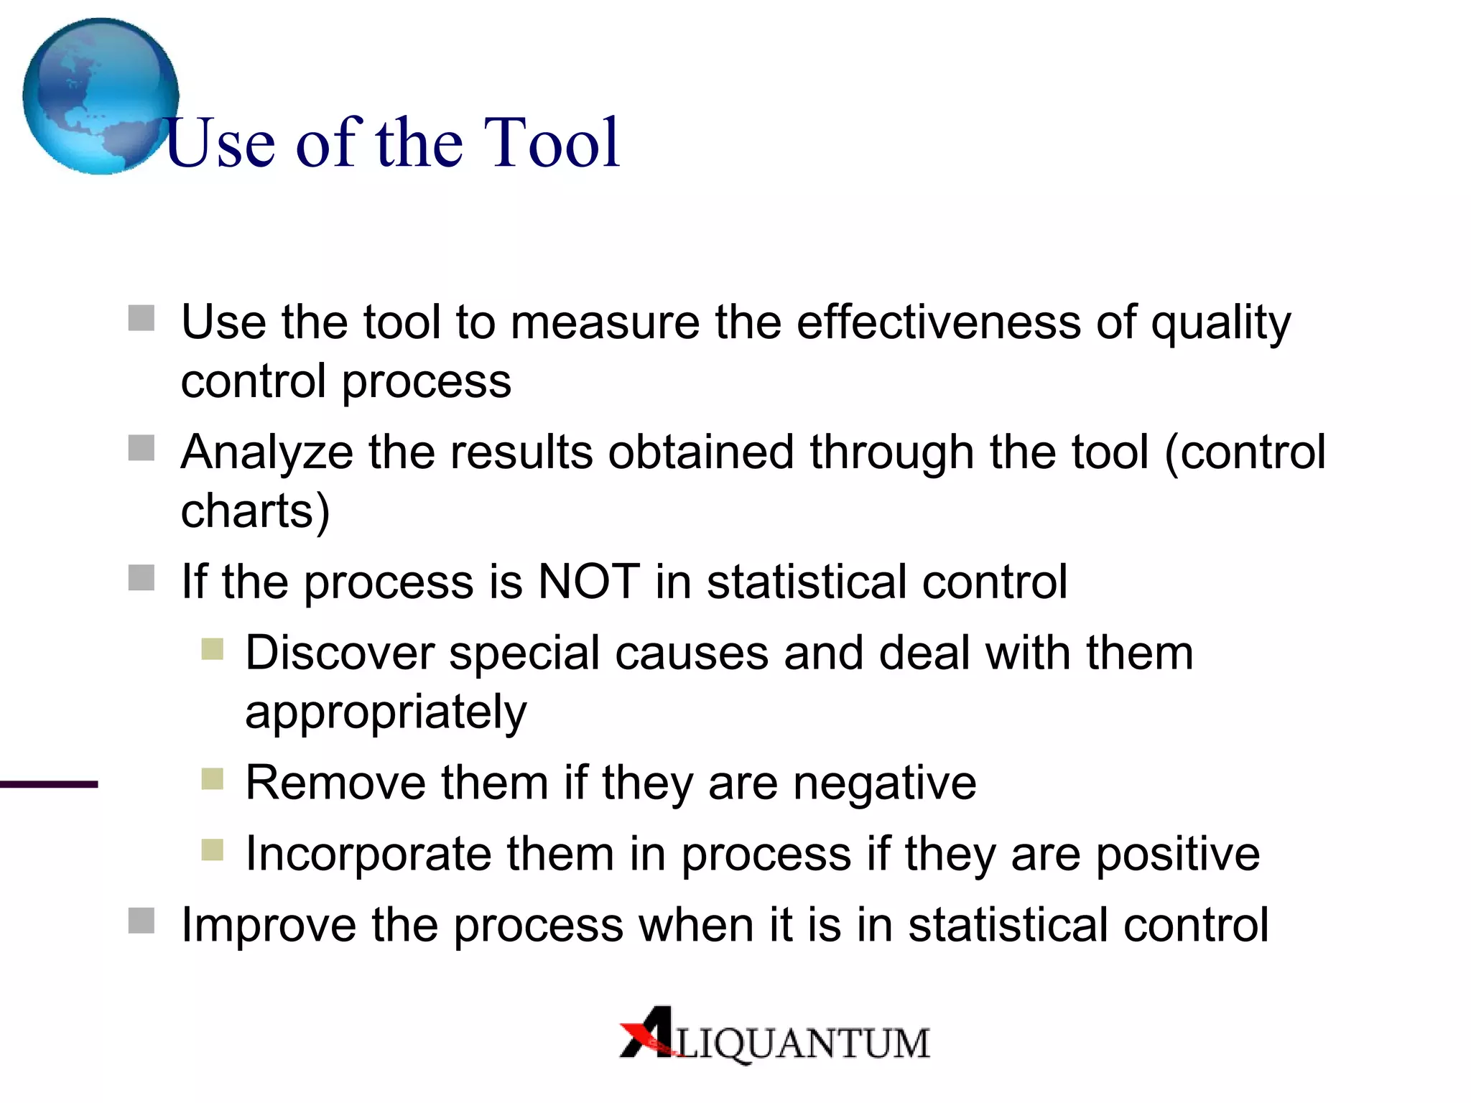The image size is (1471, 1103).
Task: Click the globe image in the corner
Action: click(x=100, y=96)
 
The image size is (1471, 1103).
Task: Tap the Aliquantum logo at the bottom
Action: click(x=774, y=1035)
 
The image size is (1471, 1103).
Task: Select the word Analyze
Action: click(x=266, y=454)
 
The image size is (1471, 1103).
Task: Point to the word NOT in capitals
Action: click(x=589, y=581)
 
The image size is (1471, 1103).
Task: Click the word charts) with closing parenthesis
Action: click(x=255, y=511)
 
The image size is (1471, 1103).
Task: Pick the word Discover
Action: click(x=340, y=653)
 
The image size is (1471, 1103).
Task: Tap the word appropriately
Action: click(x=386, y=712)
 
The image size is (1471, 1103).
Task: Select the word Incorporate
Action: click(x=368, y=854)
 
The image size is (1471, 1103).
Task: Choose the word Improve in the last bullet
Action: click(x=268, y=925)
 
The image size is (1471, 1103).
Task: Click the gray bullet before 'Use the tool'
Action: click(x=141, y=318)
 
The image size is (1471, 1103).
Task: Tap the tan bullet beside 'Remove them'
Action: click(x=213, y=778)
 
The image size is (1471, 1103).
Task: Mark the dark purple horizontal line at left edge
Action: click(x=48, y=784)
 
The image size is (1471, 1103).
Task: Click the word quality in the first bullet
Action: click(x=1220, y=323)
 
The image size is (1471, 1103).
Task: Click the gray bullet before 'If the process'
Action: click(x=141, y=577)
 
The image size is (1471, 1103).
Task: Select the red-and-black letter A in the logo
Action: click(x=649, y=1032)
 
